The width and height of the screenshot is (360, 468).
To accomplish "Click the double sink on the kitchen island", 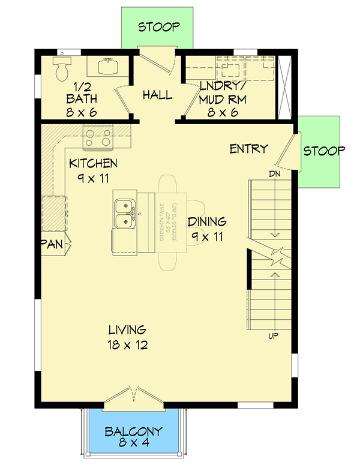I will (x=125, y=214).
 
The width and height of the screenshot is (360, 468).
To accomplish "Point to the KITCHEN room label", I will (x=93, y=163).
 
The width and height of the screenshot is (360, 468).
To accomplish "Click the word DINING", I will (x=207, y=222).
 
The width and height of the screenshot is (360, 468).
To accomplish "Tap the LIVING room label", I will (x=127, y=330).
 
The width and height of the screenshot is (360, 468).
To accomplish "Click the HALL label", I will (x=158, y=95).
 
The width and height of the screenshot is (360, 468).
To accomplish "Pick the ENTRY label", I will (x=248, y=149).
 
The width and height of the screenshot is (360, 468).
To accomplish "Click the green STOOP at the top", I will (x=158, y=27).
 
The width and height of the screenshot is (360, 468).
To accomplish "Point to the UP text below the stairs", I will (x=274, y=335).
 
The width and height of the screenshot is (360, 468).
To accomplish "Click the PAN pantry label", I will (x=52, y=244).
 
